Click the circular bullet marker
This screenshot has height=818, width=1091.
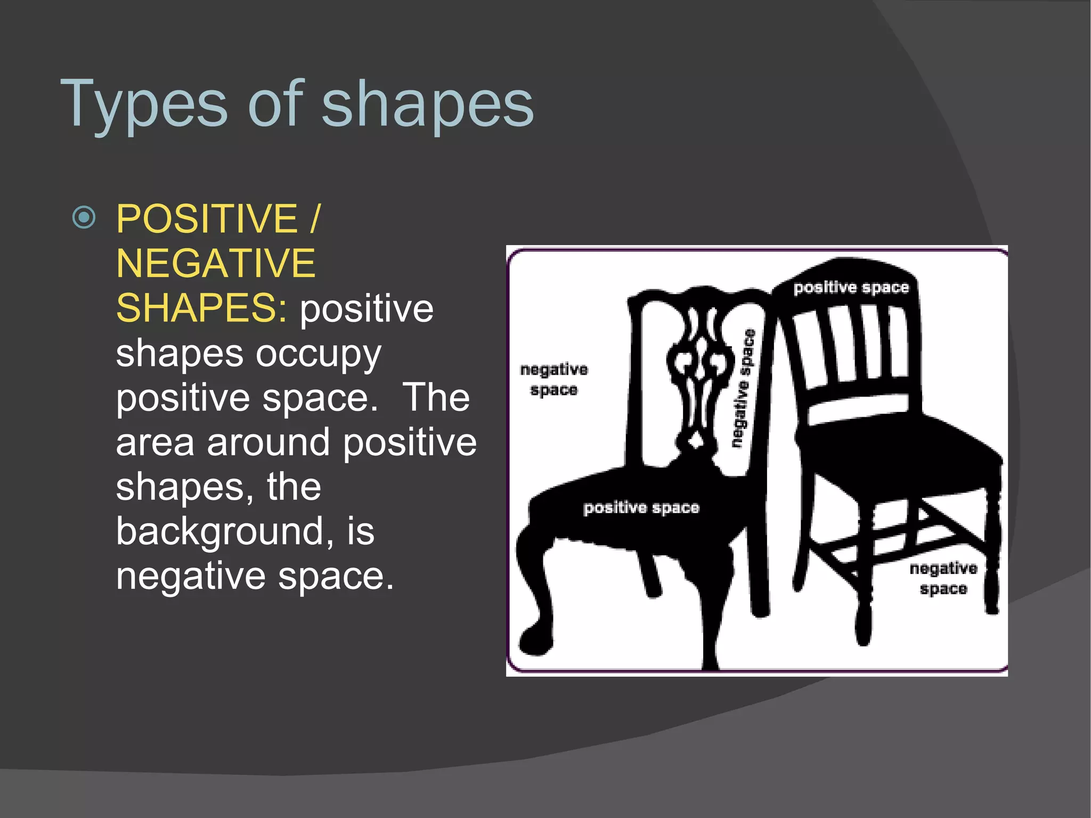[x=84, y=217]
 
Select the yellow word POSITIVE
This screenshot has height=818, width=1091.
[x=207, y=218]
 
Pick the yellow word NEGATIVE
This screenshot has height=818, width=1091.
[x=216, y=263]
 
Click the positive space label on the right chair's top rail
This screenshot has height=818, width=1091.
[x=851, y=288]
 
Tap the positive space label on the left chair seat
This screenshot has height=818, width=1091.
[x=641, y=507]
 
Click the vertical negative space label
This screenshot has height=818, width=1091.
[x=743, y=388]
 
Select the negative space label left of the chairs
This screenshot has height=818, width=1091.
[x=554, y=379]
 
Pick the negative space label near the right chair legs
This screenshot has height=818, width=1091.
[x=943, y=578]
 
